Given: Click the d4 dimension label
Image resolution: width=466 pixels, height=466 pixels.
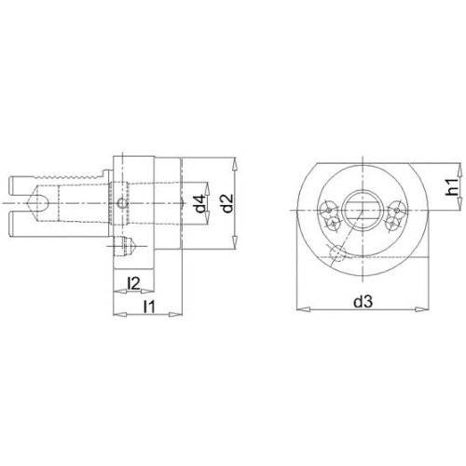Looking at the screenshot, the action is click(201, 204).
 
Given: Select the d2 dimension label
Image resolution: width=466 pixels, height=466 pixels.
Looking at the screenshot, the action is click(228, 203).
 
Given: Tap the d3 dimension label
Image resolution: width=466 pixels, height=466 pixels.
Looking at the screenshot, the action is click(363, 301).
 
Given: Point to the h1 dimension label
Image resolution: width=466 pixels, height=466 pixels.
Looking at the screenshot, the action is click(453, 187).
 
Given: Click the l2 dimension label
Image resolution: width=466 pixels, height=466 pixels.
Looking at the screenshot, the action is click(133, 283).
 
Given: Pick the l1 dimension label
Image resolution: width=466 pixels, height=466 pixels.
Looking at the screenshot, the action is click(149, 307).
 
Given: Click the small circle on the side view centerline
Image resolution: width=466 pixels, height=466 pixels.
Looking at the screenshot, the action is click(122, 204).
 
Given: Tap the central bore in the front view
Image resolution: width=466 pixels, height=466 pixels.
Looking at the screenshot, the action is click(362, 211).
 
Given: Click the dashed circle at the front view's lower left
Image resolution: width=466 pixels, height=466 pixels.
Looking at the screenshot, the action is click(336, 253).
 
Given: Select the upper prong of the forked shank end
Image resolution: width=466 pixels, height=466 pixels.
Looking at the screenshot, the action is click(21, 185).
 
